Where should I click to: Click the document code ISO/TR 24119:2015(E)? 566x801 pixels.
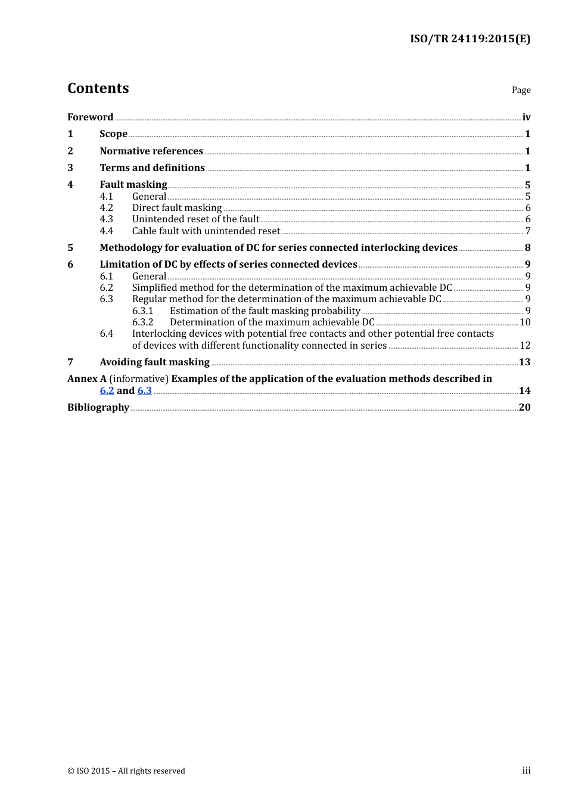(x=469, y=39)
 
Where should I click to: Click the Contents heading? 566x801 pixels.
(x=98, y=88)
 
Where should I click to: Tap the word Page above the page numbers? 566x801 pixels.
(x=521, y=90)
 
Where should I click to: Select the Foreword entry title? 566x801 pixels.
(x=90, y=117)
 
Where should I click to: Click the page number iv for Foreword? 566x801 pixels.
(x=526, y=117)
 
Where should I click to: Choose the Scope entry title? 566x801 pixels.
(x=113, y=133)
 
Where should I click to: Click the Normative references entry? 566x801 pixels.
(x=151, y=151)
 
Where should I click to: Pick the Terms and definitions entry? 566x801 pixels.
(x=152, y=167)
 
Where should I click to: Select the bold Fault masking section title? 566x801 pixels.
(x=133, y=184)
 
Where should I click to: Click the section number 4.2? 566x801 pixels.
(x=106, y=207)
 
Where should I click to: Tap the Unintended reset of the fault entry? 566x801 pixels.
(x=195, y=219)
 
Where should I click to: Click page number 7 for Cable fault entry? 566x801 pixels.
(x=528, y=231)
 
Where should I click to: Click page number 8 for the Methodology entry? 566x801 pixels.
(x=528, y=247)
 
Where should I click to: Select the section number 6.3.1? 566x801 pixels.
(x=142, y=311)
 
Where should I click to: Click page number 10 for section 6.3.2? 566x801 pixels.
(x=525, y=322)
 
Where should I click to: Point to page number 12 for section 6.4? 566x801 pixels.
(x=525, y=345)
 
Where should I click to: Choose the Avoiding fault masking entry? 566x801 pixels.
(x=154, y=362)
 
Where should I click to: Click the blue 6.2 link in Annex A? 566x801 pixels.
(x=107, y=390)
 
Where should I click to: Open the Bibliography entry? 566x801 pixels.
(x=98, y=407)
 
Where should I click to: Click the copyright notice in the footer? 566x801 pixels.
(x=126, y=771)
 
